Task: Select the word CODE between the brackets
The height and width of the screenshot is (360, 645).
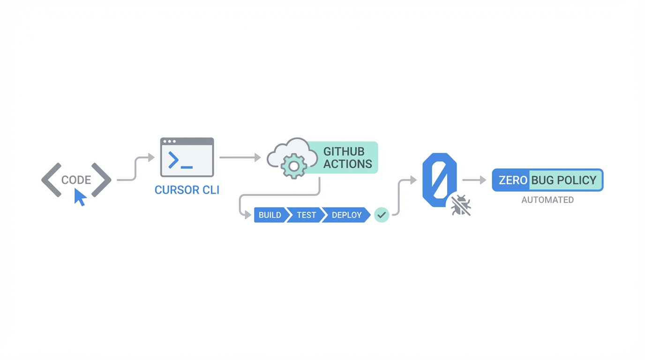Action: tap(76, 180)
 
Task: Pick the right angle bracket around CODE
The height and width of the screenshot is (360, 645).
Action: tap(101, 180)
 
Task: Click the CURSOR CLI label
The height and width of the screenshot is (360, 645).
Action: tap(187, 190)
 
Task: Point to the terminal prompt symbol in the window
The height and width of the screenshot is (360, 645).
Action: tap(174, 160)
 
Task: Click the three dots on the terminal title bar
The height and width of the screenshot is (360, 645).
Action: tap(170, 141)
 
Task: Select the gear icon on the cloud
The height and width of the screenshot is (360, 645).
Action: tap(294, 166)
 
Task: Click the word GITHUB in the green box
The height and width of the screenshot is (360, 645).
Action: tap(344, 152)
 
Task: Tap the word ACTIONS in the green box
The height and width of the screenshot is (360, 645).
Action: tap(347, 164)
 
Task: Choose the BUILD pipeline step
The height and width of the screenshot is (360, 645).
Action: tap(270, 215)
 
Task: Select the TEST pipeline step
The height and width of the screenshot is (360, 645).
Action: tap(306, 215)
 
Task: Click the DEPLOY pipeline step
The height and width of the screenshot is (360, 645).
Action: tap(346, 215)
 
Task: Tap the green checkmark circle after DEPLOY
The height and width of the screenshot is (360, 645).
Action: tap(382, 215)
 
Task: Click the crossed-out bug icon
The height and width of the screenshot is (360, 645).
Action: tap(461, 206)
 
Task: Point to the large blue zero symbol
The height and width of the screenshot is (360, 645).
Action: tap(439, 180)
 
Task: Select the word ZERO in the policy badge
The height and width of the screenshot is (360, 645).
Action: tap(513, 180)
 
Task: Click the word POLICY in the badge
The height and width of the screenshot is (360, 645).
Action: tap(577, 180)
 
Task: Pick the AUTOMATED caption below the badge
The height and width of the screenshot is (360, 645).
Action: tap(547, 200)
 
